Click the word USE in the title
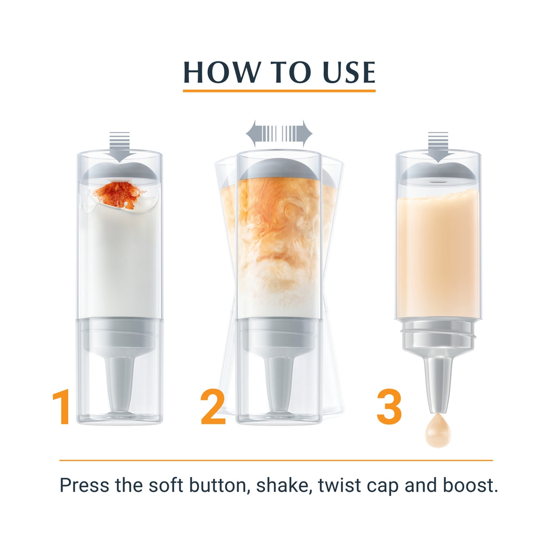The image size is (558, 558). click(x=349, y=72)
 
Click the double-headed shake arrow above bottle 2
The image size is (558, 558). click(x=279, y=134)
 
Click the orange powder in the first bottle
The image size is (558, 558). click(x=119, y=195)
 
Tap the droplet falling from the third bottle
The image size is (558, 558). click(x=438, y=431)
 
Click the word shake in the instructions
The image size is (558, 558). click(x=282, y=485)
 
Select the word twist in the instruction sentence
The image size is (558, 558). click(x=340, y=485)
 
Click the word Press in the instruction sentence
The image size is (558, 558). click(x=84, y=485)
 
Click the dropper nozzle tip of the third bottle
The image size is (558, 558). click(x=438, y=410)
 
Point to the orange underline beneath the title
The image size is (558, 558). click(x=280, y=91)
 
